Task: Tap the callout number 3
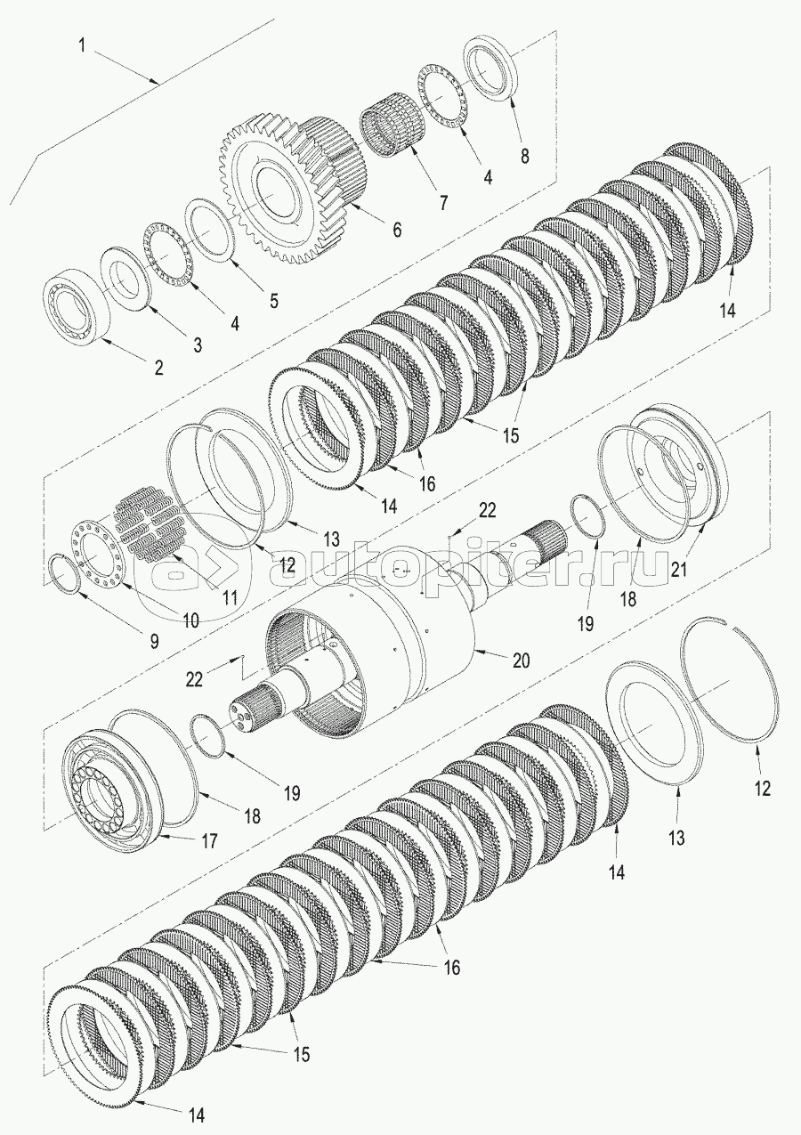198,344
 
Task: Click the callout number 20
521,661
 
